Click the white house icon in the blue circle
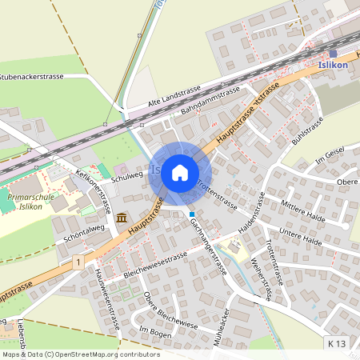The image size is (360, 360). [180, 172]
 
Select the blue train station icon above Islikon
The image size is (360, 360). [333, 54]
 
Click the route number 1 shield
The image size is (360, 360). [78, 262]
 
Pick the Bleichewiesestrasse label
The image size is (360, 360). [155, 265]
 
